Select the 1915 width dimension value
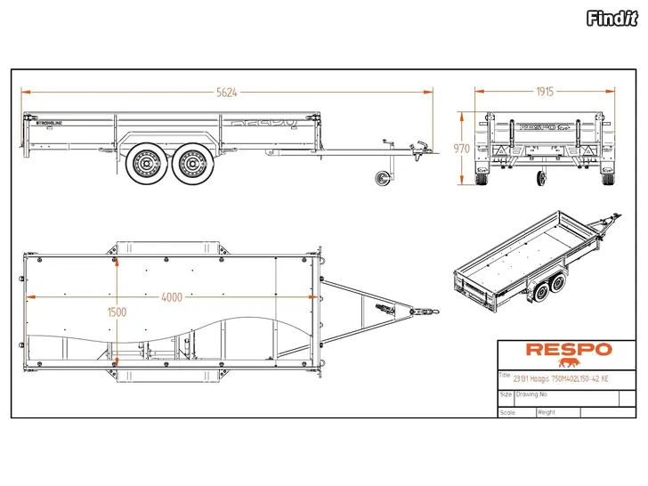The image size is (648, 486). (546, 92)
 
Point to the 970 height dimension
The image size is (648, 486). (461, 149)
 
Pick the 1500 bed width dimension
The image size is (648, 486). (117, 312)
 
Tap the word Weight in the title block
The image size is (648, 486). (547, 412)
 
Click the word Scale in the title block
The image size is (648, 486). (506, 412)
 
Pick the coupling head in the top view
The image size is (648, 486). (428, 312)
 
